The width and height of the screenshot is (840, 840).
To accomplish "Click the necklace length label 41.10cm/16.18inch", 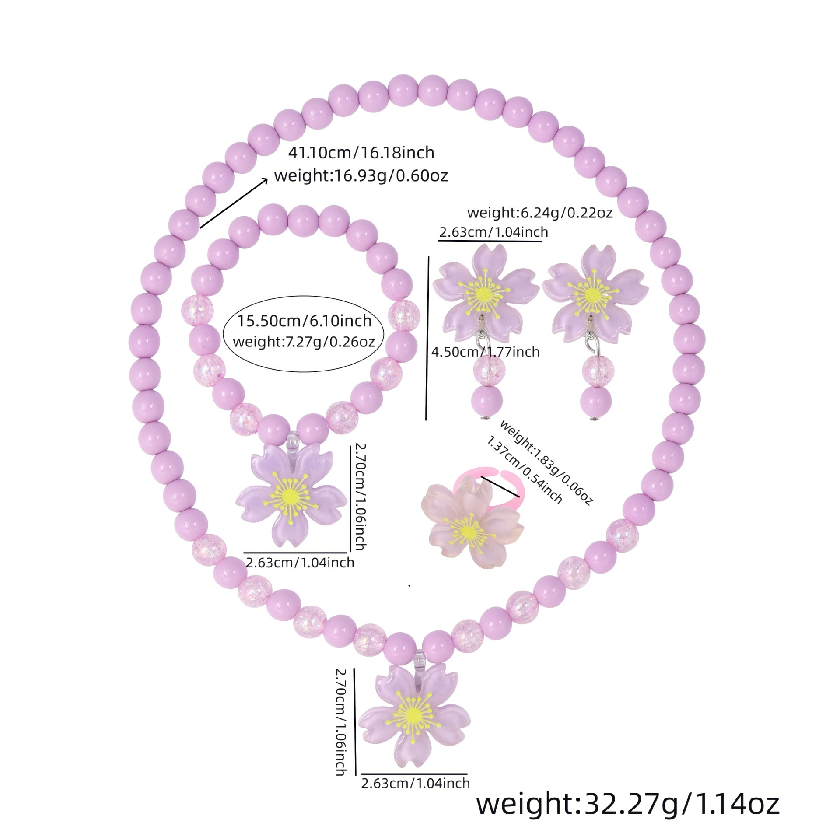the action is click(361, 153).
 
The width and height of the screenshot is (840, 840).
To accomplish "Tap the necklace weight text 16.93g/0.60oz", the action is click(361, 176).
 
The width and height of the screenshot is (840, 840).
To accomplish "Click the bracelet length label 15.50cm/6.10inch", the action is click(304, 321).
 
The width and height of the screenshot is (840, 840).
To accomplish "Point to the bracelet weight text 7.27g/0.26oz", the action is click(304, 341).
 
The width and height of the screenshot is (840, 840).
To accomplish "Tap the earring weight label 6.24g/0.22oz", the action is click(540, 213).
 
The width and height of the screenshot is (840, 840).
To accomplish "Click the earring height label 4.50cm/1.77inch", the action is click(485, 351).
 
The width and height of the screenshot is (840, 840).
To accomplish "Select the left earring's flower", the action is click(485, 291).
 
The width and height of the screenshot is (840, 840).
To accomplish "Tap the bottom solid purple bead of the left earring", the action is click(487, 400).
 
